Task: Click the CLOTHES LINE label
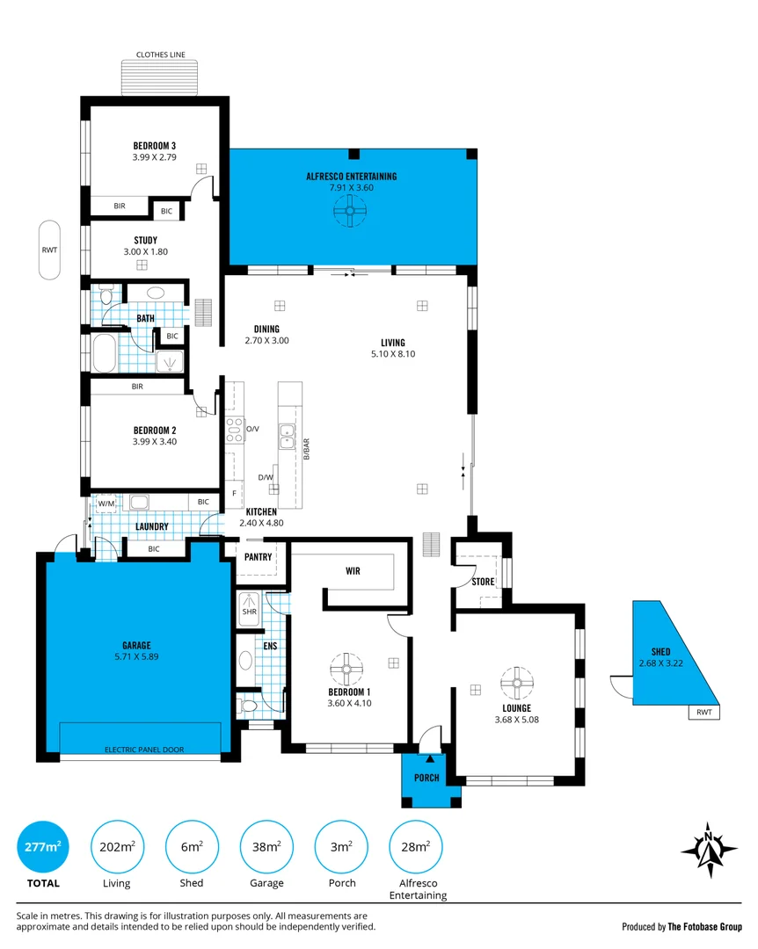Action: (x=161, y=54)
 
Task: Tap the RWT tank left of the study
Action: (x=50, y=250)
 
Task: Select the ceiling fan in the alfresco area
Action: (x=350, y=211)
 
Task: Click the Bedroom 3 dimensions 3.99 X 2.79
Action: (x=155, y=157)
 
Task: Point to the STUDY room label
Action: (x=145, y=240)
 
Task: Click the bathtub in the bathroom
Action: (x=105, y=353)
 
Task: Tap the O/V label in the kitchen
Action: (x=252, y=429)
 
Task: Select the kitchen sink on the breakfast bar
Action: (x=287, y=436)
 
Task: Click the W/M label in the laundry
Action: (x=106, y=503)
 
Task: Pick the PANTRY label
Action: (x=259, y=557)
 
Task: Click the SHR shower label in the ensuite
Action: (x=250, y=612)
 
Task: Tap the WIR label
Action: (x=353, y=571)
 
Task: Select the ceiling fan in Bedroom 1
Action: (x=346, y=670)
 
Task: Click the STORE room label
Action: (x=483, y=582)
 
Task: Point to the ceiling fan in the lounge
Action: (x=517, y=683)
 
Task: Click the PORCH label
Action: (x=426, y=778)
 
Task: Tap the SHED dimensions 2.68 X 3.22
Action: (x=660, y=663)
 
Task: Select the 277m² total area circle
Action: (x=42, y=847)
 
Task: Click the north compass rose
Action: (x=709, y=850)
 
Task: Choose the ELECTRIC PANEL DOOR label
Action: (x=144, y=750)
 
